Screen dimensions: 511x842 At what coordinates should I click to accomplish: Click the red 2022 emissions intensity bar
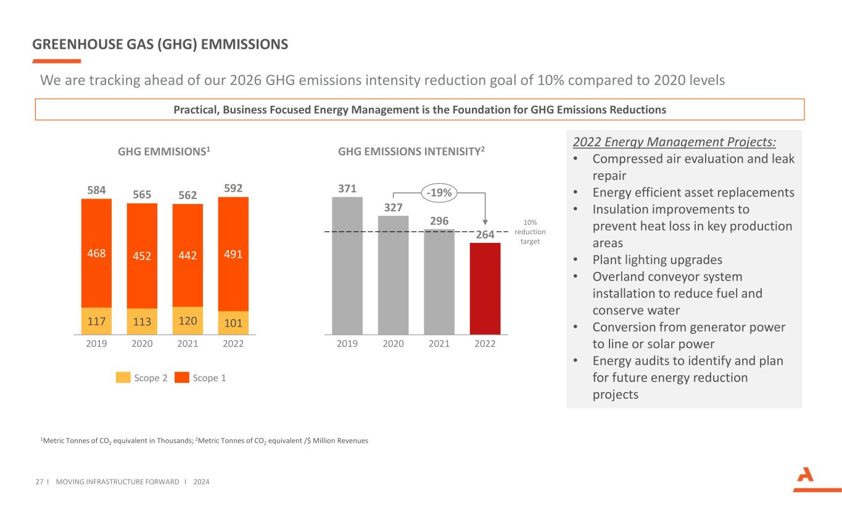(485, 288)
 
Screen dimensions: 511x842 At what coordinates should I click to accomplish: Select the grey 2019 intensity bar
(347, 265)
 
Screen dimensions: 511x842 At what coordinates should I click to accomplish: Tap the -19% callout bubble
(439, 193)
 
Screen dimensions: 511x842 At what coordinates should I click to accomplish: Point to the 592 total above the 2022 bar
(233, 187)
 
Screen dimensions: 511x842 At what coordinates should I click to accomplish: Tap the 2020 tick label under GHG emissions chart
(142, 344)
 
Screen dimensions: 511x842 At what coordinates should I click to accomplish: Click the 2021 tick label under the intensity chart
(439, 344)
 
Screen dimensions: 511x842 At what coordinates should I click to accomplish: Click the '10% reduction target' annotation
(530, 231)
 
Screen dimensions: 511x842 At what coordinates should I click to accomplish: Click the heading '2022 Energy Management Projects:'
(674, 142)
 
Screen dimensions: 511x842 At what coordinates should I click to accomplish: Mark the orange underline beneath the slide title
(56, 61)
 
